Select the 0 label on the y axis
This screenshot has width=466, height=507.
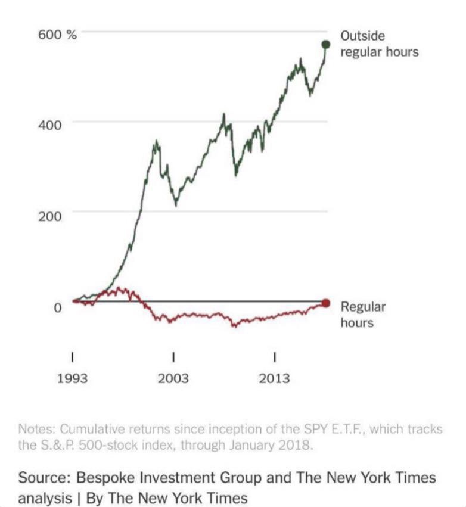tap(58, 308)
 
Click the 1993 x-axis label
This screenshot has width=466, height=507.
tap(72, 379)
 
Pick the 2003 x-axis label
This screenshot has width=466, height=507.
tap(173, 379)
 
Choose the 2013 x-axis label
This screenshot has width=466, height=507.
tap(274, 379)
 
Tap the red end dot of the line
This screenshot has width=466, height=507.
tap(325, 303)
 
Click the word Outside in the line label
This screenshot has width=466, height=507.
tap(362, 36)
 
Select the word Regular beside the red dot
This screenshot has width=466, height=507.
tap(363, 307)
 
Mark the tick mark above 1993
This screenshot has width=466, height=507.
tap(72, 357)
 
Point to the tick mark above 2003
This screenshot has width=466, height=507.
tap(173, 357)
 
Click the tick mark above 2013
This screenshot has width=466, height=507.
tap(274, 357)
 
